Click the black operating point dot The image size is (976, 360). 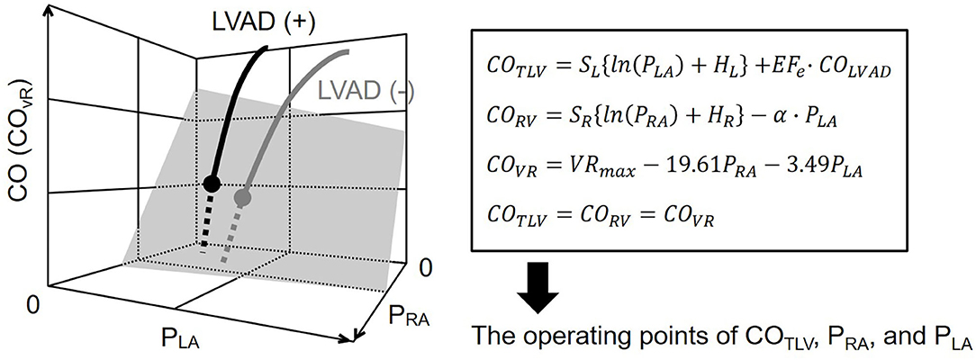(212, 184)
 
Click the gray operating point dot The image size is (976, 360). (241, 196)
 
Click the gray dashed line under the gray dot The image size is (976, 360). (232, 234)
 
